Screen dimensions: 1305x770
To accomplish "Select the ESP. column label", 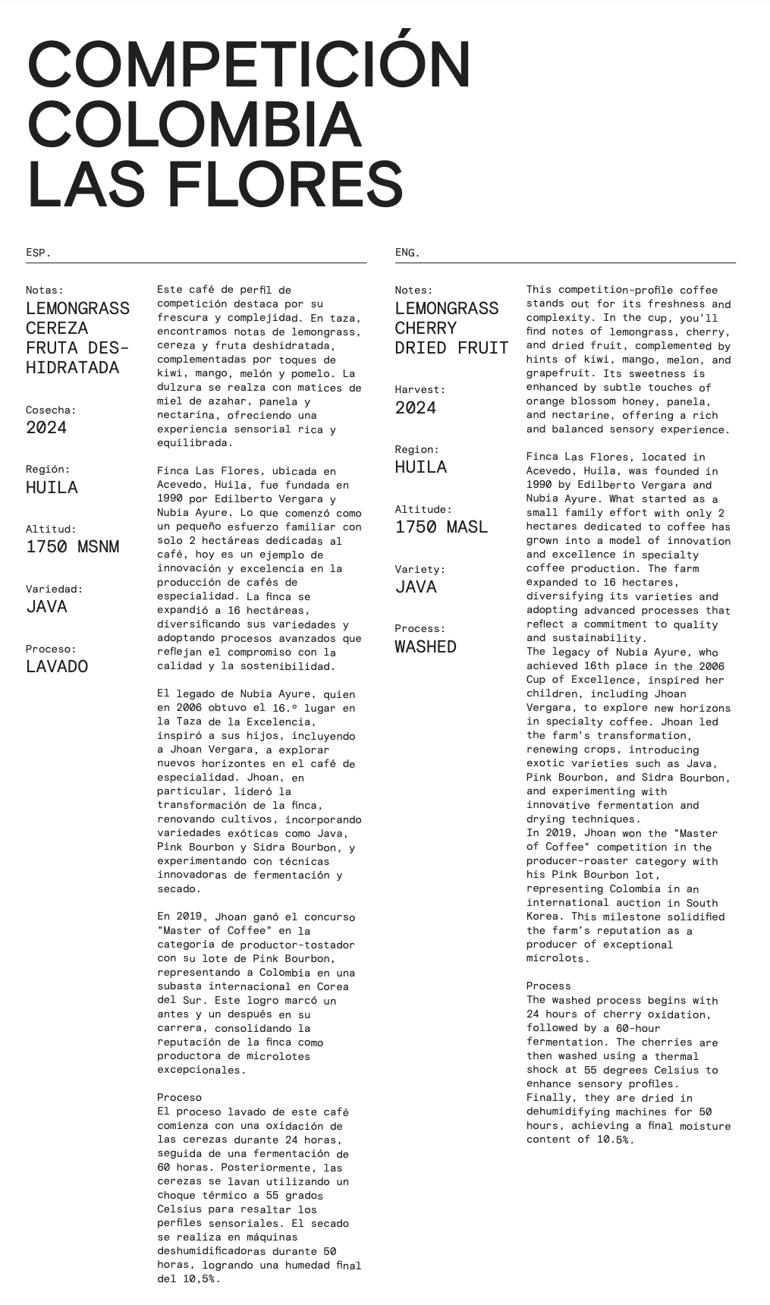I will click(38, 253).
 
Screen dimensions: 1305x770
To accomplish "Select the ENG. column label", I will click(407, 253).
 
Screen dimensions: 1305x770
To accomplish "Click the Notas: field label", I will click(45, 290).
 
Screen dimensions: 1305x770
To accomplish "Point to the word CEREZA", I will click(57, 328).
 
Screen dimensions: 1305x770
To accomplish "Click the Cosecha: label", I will click(51, 410).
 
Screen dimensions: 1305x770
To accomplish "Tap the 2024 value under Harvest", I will click(415, 407).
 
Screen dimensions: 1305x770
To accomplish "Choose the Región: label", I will click(48, 469).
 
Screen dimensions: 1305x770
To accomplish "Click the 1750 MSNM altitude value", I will click(72, 546).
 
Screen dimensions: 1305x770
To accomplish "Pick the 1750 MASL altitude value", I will click(441, 527).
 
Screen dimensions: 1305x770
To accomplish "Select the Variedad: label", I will click(54, 589).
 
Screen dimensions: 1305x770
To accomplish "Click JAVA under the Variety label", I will click(415, 586).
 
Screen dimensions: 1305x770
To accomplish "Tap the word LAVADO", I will click(57, 666).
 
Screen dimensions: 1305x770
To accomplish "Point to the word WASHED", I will click(425, 646).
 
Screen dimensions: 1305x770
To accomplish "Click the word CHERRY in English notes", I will click(426, 328).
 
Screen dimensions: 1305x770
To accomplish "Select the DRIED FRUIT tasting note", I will click(451, 347).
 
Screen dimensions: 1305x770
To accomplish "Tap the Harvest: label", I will click(420, 389).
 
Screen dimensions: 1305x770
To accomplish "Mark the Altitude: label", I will click(423, 509).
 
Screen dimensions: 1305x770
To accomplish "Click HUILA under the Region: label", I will click(420, 467).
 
